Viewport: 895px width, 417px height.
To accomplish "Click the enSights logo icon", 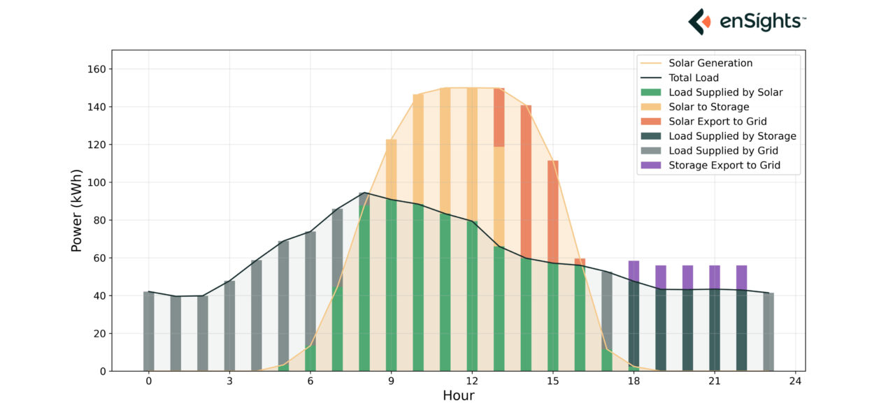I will click(x=699, y=22).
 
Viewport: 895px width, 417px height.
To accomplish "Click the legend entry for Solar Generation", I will click(x=710, y=63).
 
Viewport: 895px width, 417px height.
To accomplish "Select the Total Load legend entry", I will click(x=694, y=78).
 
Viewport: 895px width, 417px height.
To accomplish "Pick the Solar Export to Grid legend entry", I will click(x=717, y=122).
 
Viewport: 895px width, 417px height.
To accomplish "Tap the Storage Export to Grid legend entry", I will click(x=724, y=166).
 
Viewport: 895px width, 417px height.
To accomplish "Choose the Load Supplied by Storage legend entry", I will click(x=732, y=136).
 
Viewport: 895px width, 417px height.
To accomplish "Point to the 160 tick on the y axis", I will click(x=96, y=69).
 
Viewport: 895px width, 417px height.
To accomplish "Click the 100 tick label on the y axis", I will click(x=96, y=183).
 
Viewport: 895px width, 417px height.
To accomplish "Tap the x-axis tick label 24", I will click(x=795, y=381).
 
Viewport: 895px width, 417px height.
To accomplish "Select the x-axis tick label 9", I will click(x=391, y=381).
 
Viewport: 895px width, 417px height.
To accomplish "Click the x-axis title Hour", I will click(x=458, y=396).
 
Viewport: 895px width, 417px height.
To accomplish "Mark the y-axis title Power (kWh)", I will click(x=77, y=210).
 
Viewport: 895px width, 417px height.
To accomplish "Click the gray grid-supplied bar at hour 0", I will click(x=148, y=331).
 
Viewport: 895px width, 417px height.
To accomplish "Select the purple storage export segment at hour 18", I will click(x=633, y=270).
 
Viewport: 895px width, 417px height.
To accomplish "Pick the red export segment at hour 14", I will click(x=526, y=182).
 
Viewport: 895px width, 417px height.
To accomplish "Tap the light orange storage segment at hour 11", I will click(x=445, y=150).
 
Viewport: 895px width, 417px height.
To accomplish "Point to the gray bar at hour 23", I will click(x=768, y=332).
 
